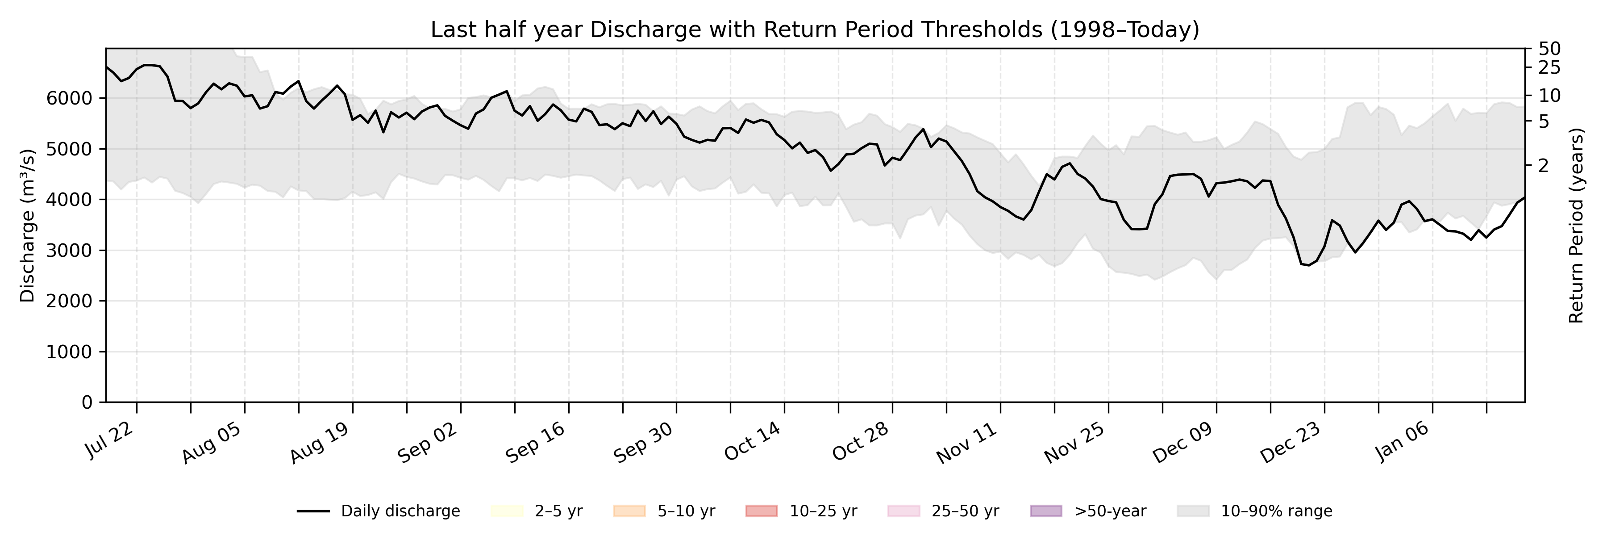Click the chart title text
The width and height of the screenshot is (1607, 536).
[x=815, y=29]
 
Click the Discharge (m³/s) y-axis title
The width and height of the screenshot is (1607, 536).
[x=27, y=225]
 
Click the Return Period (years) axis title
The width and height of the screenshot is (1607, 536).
[x=1577, y=225]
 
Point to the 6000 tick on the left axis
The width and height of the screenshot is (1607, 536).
[x=69, y=99]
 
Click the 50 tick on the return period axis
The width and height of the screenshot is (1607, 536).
[x=1550, y=49]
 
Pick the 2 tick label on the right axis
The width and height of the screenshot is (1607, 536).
[x=1545, y=165]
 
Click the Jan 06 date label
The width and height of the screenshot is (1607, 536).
[x=1398, y=441]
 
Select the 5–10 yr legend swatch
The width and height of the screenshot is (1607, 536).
[x=629, y=511]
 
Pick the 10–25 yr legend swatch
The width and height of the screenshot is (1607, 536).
[x=761, y=511]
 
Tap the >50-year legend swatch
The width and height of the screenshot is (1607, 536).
[x=1045, y=511]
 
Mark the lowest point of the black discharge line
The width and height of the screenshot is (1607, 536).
[x=1309, y=265]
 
